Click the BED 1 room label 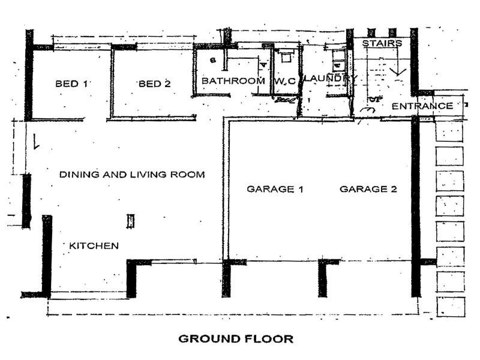71,83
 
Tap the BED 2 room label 155,83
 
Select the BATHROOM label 233,81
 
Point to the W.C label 285,81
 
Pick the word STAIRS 382,43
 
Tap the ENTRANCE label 422,106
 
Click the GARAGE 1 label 275,189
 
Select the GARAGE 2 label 368,189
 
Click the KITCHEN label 94,246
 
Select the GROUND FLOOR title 236,339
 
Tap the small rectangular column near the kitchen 131,221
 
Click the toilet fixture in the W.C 286,56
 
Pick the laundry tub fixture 338,59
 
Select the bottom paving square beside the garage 451,307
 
